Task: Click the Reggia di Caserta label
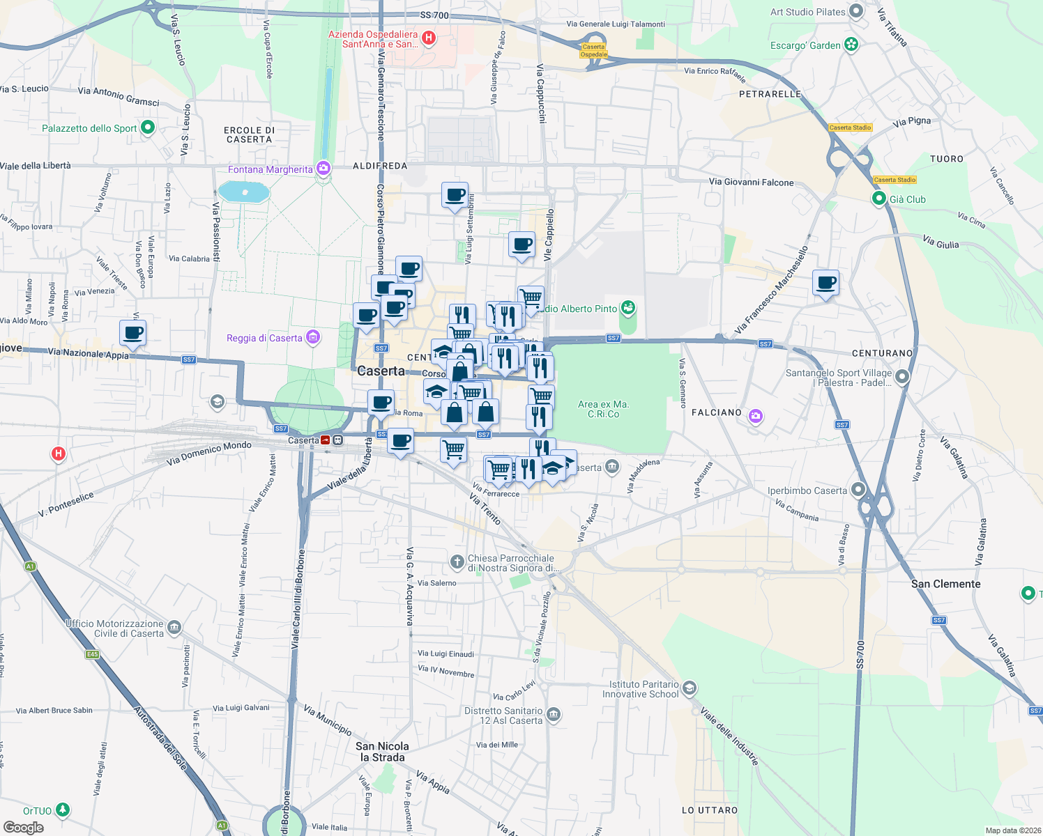[264, 339]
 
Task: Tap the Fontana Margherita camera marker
[323, 169]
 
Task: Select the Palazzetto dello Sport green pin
[147, 127]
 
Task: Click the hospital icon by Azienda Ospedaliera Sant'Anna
[429, 38]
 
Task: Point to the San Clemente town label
[945, 584]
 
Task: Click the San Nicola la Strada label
[382, 752]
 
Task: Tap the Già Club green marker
[879, 199]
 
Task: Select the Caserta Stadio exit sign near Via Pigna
[851, 127]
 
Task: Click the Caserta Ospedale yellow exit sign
[594, 51]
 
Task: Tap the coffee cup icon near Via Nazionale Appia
[132, 333]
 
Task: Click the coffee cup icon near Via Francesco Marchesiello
[825, 283]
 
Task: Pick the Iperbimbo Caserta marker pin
[858, 490]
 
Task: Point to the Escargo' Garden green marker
[851, 45]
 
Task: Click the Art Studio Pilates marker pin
[856, 12]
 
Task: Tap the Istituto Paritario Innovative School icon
[689, 689]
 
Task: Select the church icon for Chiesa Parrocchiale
[457, 562]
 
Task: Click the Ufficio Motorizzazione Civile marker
[174, 628]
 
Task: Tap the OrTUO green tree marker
[63, 810]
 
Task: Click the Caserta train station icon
[337, 440]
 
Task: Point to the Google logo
[24, 828]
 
